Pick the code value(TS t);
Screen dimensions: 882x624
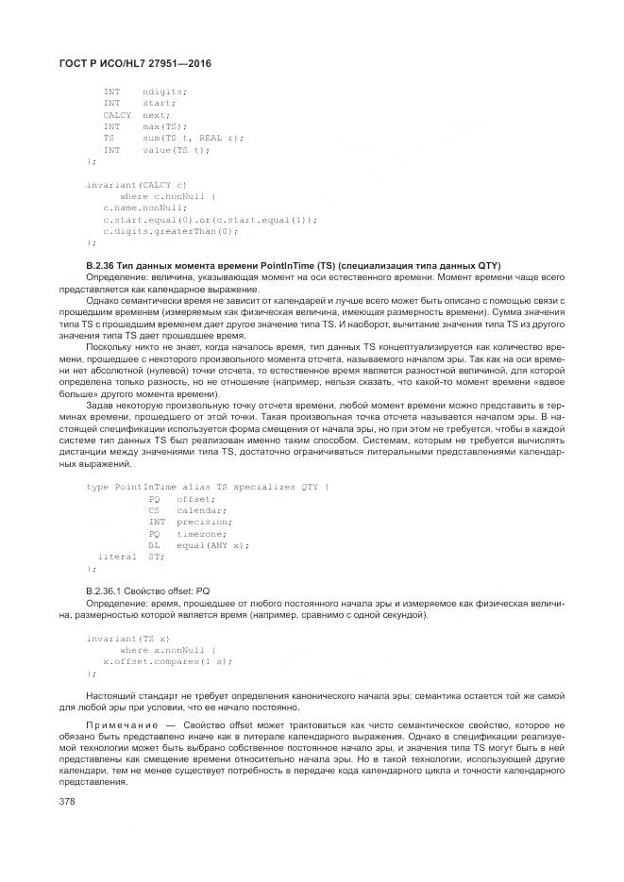(x=176, y=149)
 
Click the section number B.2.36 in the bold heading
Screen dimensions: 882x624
(x=103, y=265)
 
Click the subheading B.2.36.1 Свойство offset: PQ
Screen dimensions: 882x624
(x=148, y=590)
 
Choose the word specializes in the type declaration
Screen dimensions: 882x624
(x=262, y=487)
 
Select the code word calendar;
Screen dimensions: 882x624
(x=189, y=510)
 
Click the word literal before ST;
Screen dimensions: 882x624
(x=117, y=557)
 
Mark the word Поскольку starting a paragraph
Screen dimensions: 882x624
(x=109, y=346)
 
